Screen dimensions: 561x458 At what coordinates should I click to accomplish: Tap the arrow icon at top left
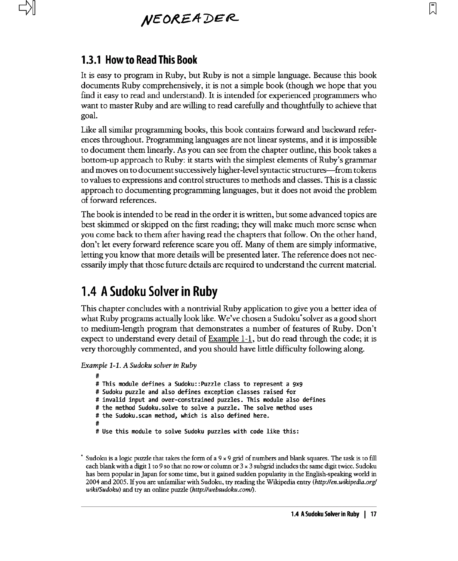click(27, 8)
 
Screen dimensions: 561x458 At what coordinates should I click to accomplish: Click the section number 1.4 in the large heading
click(89, 291)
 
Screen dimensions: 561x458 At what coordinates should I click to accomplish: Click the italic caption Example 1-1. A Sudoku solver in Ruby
click(139, 365)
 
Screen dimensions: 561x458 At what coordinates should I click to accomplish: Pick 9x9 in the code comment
click(298, 384)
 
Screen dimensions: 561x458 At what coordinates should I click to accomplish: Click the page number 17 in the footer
click(373, 514)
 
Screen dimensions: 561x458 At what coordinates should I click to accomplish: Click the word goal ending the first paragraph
click(89, 116)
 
